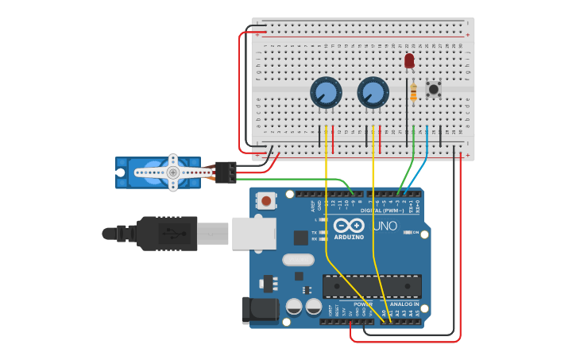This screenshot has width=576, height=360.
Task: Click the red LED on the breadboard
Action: pos(409,60)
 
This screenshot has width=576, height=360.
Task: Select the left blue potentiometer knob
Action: pos(326,92)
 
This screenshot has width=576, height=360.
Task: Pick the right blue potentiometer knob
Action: pos(373,92)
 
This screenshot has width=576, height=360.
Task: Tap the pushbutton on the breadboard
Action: pos(434,88)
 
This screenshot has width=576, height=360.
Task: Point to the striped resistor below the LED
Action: pos(412,92)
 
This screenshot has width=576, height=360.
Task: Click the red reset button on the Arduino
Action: pos(266,201)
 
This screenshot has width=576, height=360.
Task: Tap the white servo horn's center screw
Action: pos(172,172)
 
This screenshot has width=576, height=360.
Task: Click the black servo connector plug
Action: pos(225,172)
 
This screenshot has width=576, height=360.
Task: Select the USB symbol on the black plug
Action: pos(169,234)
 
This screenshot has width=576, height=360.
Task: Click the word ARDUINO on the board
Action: pos(349,237)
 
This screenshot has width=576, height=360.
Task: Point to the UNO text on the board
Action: pos(385,226)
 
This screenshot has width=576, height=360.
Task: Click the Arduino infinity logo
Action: pos(349,226)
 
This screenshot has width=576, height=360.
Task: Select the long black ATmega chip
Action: pos(372,286)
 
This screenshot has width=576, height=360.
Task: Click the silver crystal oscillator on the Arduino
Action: pos(298,259)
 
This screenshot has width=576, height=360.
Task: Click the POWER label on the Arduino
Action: pos(362,304)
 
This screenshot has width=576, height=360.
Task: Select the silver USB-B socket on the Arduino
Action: pos(253,233)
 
